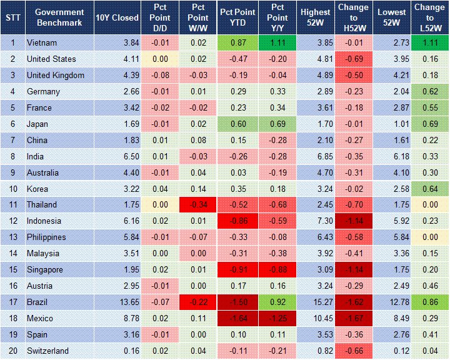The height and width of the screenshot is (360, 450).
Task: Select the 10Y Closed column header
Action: (x=117, y=17)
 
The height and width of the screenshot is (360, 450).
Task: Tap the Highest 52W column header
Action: (x=316, y=17)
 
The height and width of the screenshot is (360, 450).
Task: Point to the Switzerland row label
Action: (x=47, y=351)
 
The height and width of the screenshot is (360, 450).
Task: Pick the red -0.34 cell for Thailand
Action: (x=199, y=204)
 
